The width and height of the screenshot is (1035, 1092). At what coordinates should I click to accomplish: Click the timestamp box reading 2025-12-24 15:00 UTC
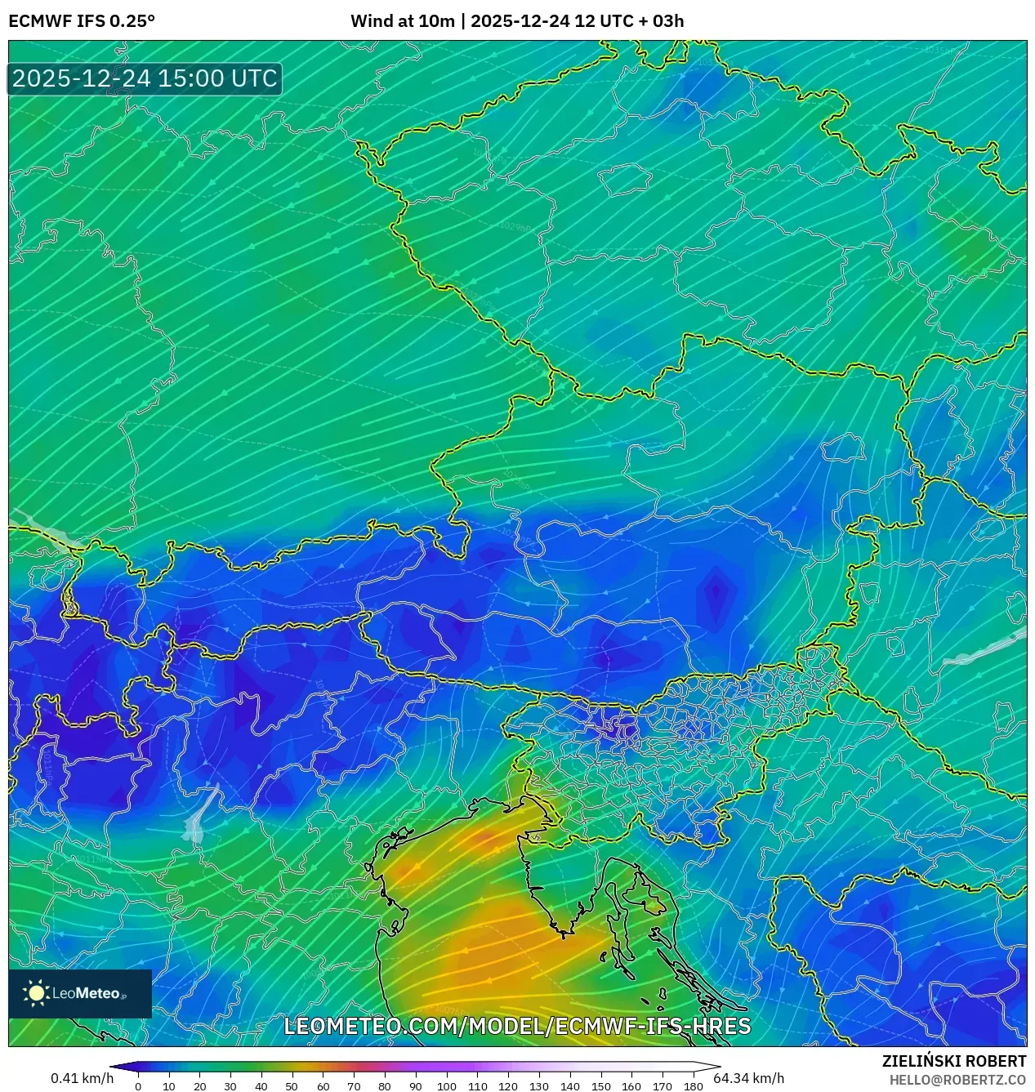pos(145,78)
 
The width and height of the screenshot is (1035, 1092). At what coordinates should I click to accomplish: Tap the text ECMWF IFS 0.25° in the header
pos(81,21)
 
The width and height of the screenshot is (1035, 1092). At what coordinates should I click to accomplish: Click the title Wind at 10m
pos(402,21)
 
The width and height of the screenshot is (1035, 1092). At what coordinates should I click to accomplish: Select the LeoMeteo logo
pos(80,993)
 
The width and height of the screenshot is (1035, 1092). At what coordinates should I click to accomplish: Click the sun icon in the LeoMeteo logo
pos(36,993)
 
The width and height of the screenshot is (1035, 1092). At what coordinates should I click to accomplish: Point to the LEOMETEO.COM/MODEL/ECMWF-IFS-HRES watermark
pos(517,1026)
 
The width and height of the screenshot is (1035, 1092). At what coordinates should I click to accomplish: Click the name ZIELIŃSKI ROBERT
pos(953,1061)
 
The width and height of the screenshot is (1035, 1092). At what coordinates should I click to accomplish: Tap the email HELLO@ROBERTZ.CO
pos(957,1080)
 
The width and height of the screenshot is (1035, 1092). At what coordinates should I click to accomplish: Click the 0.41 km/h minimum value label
pos(82,1078)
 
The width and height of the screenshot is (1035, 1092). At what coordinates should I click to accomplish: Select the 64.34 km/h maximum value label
pos(748,1078)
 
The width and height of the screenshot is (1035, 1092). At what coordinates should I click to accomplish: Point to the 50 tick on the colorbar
pos(292,1086)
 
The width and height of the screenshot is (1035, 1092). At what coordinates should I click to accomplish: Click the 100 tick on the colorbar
pos(446,1086)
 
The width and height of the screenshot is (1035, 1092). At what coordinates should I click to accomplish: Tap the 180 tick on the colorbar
pos(693,1086)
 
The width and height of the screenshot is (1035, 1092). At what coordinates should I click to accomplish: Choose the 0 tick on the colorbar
pos(138,1086)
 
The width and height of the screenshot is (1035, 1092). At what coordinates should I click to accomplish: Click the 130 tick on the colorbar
pos(538,1086)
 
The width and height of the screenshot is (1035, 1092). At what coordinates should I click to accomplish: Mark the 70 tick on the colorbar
pos(354,1086)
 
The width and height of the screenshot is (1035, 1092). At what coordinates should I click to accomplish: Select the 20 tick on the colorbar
pos(199,1086)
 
